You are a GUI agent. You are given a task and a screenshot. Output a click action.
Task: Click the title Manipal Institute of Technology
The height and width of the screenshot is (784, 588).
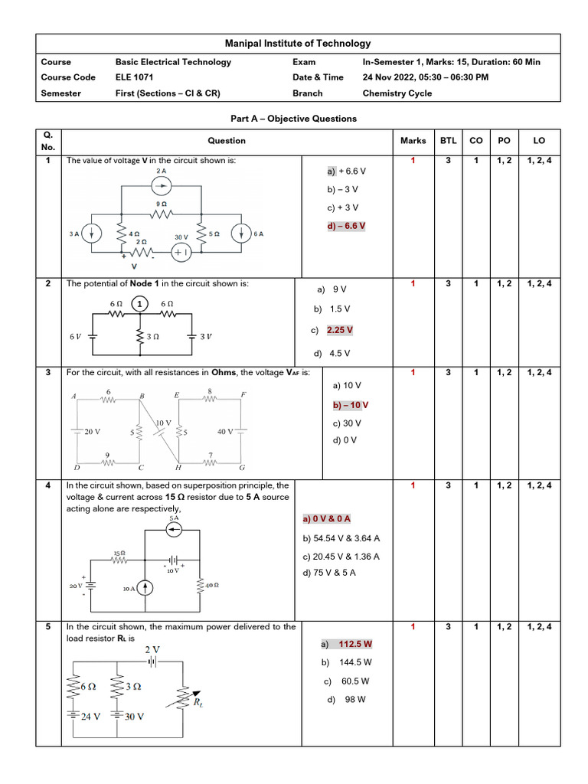(297, 44)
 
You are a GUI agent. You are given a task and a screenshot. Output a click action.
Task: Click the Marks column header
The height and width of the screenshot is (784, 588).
(413, 141)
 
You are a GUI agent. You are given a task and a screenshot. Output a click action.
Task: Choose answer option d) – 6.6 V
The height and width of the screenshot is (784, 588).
(346, 226)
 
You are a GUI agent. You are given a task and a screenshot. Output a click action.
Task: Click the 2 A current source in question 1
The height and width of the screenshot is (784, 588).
(161, 185)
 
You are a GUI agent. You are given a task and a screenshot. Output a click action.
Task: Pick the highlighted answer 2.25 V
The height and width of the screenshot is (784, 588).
(340, 330)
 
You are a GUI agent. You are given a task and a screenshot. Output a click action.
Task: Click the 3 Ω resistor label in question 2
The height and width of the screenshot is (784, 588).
(153, 336)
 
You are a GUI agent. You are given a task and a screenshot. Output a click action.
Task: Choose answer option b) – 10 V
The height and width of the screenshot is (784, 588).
(350, 405)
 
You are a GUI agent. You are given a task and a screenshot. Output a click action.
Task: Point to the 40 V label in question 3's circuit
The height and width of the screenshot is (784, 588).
(226, 432)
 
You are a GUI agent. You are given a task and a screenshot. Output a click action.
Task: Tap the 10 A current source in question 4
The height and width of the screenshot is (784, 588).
(143, 588)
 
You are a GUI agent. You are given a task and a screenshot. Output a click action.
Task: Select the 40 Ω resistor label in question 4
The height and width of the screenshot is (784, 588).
(212, 586)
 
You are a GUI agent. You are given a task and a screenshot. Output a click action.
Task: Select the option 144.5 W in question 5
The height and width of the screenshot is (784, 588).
(355, 662)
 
